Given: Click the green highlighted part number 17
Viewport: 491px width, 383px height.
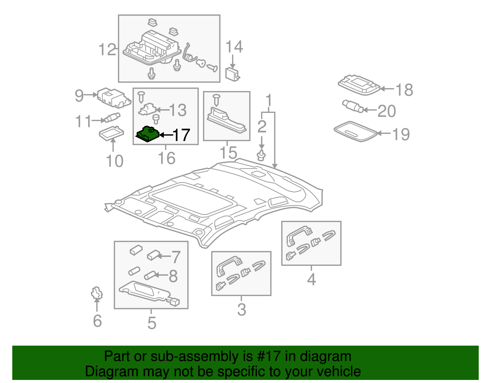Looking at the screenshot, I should tap(148, 134).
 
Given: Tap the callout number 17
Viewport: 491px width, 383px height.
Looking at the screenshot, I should tap(181, 135).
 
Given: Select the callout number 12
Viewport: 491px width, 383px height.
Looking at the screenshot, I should tap(107, 50).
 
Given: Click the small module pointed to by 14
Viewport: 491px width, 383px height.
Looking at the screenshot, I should tap(232, 74).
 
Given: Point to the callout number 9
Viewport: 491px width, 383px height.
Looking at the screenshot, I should tap(79, 96).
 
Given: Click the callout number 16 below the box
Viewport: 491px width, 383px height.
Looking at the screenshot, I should tap(166, 158).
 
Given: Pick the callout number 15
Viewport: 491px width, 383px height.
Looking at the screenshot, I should tap(228, 153).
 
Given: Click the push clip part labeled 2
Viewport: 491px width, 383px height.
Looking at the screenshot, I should tap(261, 155).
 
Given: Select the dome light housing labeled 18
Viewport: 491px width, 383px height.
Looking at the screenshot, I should tap(358, 84).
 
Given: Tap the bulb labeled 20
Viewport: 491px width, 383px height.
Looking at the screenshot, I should tap(353, 106).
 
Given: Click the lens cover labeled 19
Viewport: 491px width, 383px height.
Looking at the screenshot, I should tap(355, 131).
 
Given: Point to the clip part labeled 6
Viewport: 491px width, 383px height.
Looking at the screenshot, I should tap(97, 293).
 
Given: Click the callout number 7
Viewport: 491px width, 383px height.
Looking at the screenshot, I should tap(176, 257).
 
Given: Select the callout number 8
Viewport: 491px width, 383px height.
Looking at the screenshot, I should tap(173, 276).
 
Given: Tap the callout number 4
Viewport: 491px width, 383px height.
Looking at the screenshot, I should tap(311, 279).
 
